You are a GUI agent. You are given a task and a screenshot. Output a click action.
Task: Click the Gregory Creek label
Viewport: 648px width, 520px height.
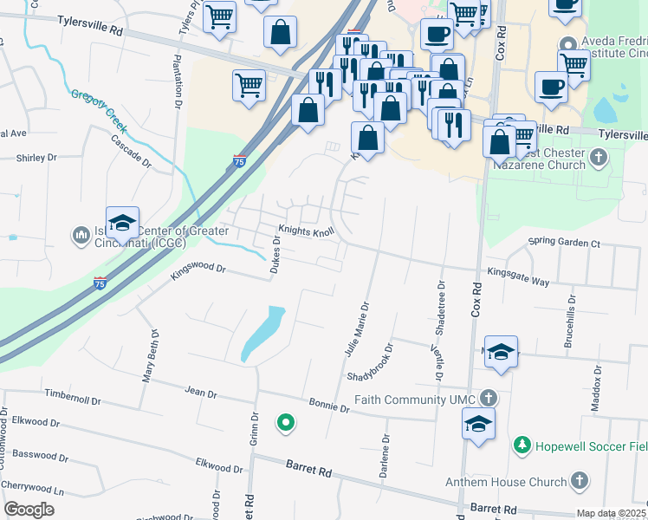[x=99, y=114]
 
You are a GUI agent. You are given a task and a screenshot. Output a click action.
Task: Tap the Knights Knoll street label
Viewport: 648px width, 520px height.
[x=306, y=232]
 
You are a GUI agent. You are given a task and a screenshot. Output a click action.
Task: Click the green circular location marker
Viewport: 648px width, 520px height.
[x=284, y=423]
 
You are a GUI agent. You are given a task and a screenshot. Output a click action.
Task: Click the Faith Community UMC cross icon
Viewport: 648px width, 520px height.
[x=489, y=399]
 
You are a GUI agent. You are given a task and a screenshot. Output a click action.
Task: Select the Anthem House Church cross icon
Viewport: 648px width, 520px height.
[x=579, y=481]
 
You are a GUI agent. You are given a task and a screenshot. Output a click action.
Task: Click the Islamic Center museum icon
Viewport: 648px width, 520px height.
[x=81, y=234]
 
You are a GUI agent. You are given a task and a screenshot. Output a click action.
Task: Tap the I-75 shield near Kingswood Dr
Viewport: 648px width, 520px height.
[x=100, y=283]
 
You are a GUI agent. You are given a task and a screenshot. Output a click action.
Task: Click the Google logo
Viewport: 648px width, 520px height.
[x=29, y=509]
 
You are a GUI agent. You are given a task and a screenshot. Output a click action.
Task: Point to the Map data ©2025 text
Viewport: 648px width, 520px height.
[x=611, y=513]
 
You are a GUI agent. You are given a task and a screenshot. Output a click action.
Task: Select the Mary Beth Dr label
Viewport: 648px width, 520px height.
[x=151, y=355]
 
